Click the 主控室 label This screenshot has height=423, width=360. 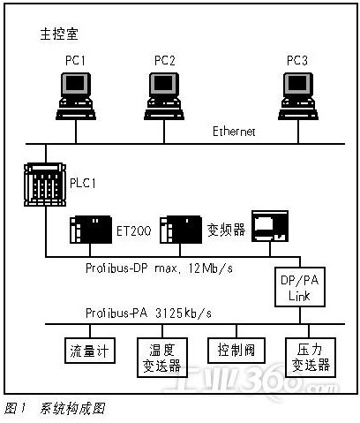[59, 34]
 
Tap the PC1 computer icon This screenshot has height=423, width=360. [76, 96]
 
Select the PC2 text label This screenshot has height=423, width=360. [165, 60]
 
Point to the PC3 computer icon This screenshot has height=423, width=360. [298, 96]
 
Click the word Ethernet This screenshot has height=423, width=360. [234, 132]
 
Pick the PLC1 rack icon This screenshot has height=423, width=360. [45, 185]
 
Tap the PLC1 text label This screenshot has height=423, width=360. [83, 183]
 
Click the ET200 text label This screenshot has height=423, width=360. [134, 230]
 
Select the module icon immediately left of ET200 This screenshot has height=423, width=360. [91, 230]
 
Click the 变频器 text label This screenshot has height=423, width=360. [226, 230]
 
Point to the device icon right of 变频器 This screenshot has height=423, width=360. [270, 226]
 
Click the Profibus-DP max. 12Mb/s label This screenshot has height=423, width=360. [159, 268]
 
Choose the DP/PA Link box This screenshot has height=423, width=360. [300, 287]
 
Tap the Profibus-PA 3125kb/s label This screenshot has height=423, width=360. [148, 313]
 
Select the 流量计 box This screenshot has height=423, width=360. [90, 351]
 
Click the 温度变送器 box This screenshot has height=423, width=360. [162, 358]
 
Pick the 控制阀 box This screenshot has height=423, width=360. [236, 351]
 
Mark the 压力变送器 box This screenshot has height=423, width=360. [311, 358]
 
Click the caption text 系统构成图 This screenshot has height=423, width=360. [72, 409]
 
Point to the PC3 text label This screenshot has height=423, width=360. [297, 60]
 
